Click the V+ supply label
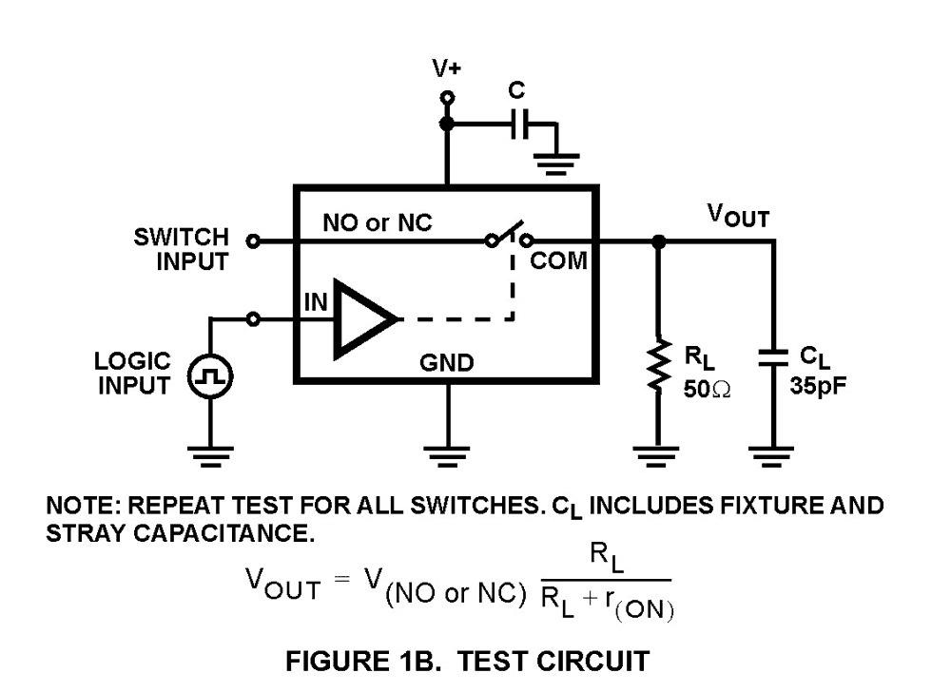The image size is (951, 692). tap(446, 69)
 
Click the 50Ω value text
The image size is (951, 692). tap(707, 388)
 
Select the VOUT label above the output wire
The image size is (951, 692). tap(738, 217)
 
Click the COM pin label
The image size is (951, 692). tap(558, 261)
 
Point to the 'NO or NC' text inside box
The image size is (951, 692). tap(377, 223)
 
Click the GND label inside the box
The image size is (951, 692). tap(447, 363)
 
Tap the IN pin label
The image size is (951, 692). tap(316, 303)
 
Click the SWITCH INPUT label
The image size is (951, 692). tap(181, 249)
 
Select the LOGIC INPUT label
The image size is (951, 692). tap(133, 374)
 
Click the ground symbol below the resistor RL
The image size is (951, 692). tap(657, 455)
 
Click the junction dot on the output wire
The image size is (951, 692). tap(657, 241)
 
